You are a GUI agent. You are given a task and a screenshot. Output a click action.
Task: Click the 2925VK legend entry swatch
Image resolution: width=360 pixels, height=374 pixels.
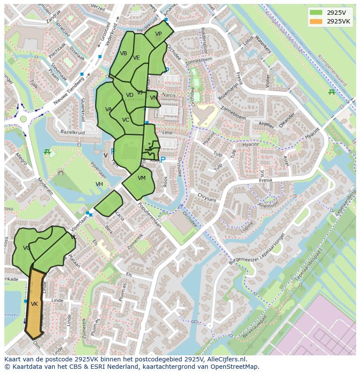point(316,21)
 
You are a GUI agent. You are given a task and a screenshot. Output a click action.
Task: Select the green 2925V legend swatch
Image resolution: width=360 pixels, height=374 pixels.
point(316,13)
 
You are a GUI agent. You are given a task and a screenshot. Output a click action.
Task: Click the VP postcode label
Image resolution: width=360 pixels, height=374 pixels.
point(158,34)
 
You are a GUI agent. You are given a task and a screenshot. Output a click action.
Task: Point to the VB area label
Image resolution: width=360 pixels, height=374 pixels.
point(123,53)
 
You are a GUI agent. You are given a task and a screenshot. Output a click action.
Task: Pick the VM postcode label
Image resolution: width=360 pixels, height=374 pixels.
point(142,178)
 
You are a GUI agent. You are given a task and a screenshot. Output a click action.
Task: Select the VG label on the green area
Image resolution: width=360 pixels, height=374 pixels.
point(27,248)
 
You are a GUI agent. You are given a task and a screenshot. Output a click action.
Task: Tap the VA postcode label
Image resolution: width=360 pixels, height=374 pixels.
point(109,109)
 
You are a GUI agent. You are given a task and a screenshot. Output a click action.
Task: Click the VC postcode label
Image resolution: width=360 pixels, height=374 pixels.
point(126,120)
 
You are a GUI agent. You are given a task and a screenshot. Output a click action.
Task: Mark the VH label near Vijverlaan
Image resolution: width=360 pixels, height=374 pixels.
point(99,184)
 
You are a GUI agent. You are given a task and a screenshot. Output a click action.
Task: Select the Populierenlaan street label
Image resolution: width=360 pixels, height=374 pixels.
point(150,215)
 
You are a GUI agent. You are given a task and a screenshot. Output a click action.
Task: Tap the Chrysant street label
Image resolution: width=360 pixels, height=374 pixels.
point(207,197)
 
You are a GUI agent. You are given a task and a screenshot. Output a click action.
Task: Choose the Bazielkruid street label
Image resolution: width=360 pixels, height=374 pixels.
point(72,131)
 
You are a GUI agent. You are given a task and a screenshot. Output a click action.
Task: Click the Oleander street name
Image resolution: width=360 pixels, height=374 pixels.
point(287,120)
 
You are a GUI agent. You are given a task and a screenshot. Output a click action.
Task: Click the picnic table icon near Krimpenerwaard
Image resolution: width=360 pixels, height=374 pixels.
point(332,92)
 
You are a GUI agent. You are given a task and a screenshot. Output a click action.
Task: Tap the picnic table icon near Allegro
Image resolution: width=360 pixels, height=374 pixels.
point(47,152)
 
